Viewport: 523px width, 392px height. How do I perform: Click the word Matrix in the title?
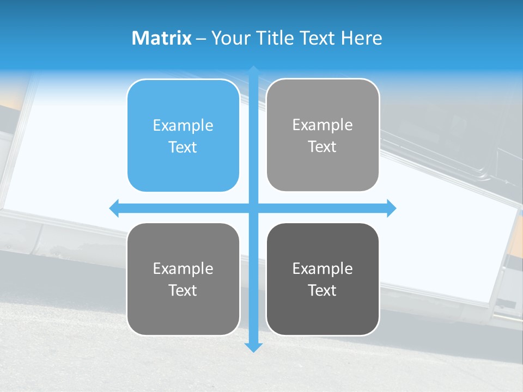[x=161, y=38]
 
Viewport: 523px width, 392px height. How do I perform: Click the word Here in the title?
[x=361, y=38]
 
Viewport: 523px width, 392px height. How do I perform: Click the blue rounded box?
[x=183, y=136]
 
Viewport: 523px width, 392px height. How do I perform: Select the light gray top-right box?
[x=323, y=135]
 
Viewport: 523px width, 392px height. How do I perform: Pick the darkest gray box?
[x=323, y=279]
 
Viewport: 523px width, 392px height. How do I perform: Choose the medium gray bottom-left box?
[x=183, y=279]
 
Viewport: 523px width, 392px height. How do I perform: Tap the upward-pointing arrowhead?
[x=253, y=71]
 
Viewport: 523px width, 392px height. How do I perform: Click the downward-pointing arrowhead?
[x=253, y=347]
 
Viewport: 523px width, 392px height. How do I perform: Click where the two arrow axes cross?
[x=253, y=208]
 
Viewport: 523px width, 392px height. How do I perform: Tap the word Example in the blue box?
[x=183, y=125]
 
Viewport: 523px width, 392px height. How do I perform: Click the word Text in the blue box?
[x=183, y=147]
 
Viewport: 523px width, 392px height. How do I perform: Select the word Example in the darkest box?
[x=323, y=268]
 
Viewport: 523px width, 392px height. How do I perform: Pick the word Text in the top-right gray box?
[x=323, y=146]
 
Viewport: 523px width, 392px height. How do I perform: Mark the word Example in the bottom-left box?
[x=183, y=268]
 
